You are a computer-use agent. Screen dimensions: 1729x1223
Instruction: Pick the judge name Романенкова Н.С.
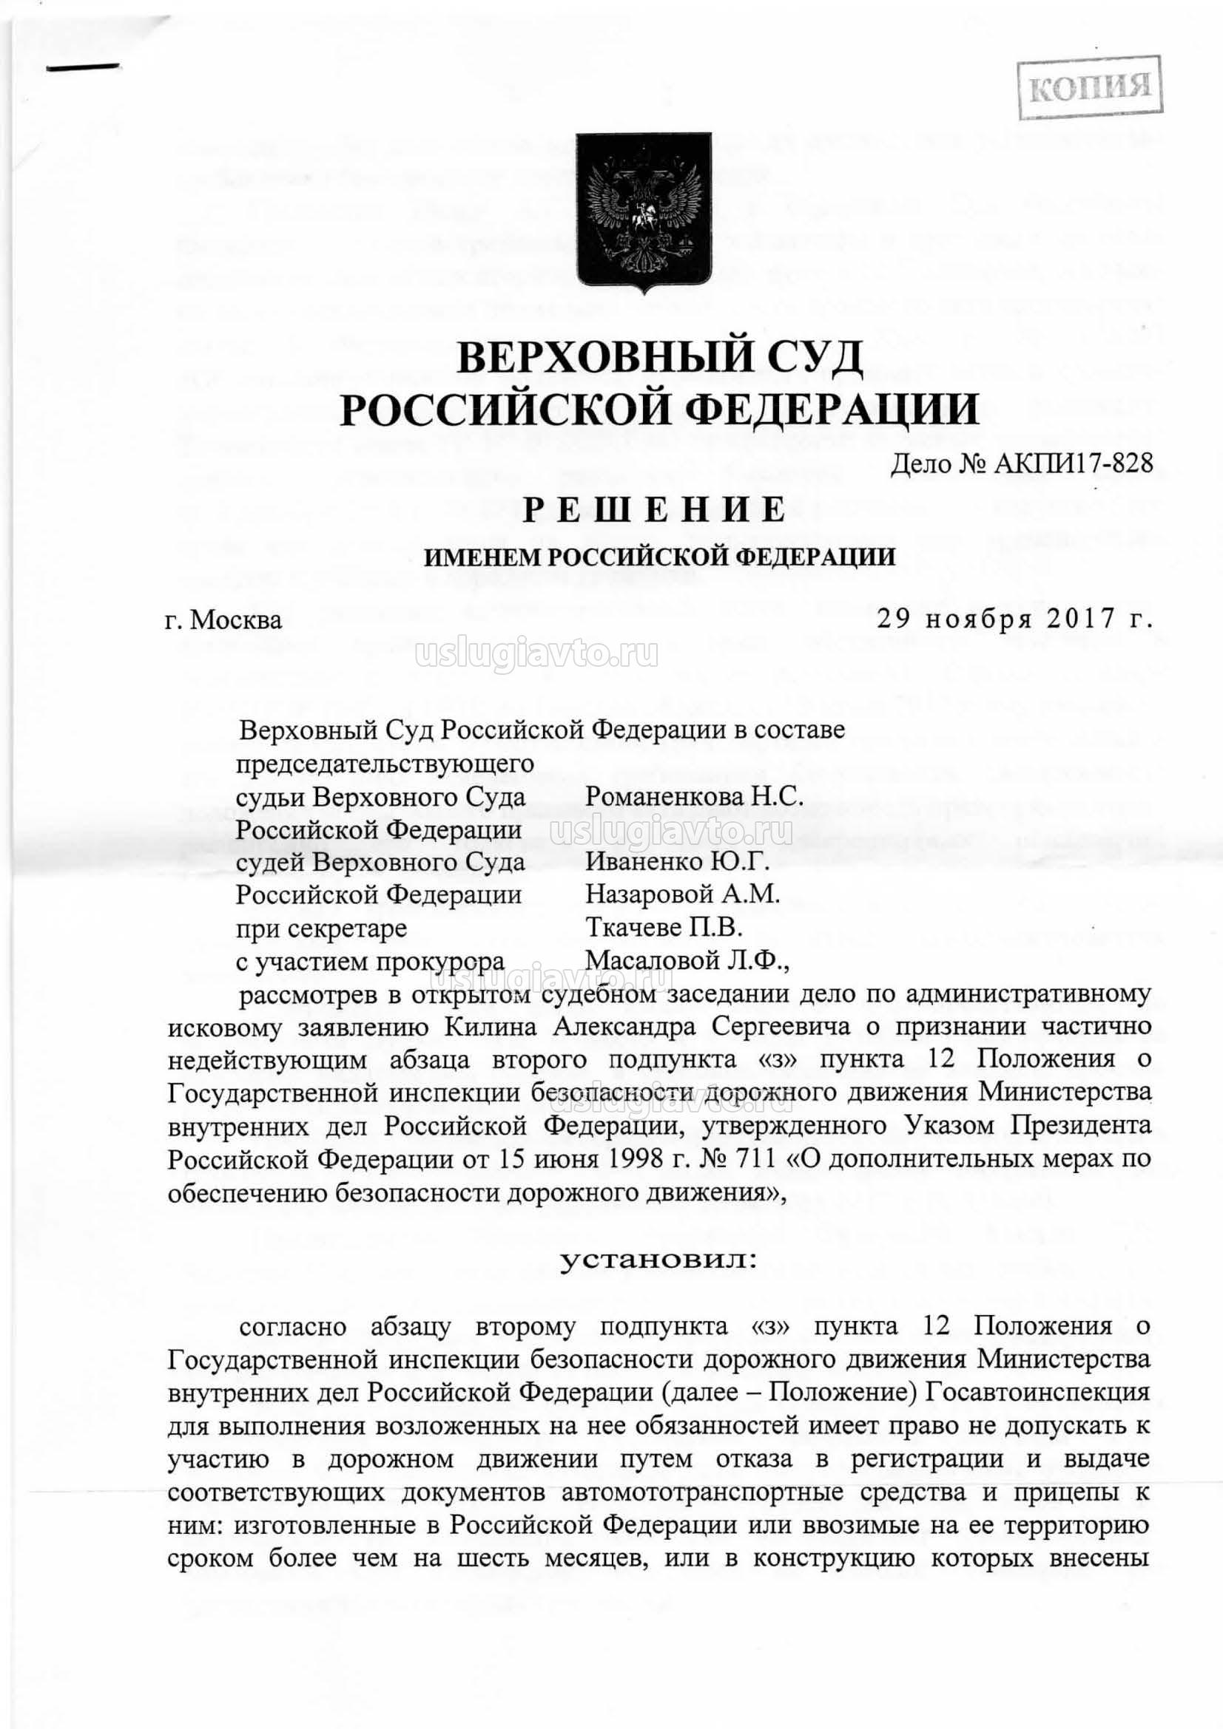coord(695,796)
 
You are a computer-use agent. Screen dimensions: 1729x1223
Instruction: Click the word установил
coord(656,1257)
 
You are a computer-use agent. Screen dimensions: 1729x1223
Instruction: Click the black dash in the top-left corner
coord(84,68)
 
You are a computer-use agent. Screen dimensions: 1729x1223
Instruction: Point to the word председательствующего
coord(385,763)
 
